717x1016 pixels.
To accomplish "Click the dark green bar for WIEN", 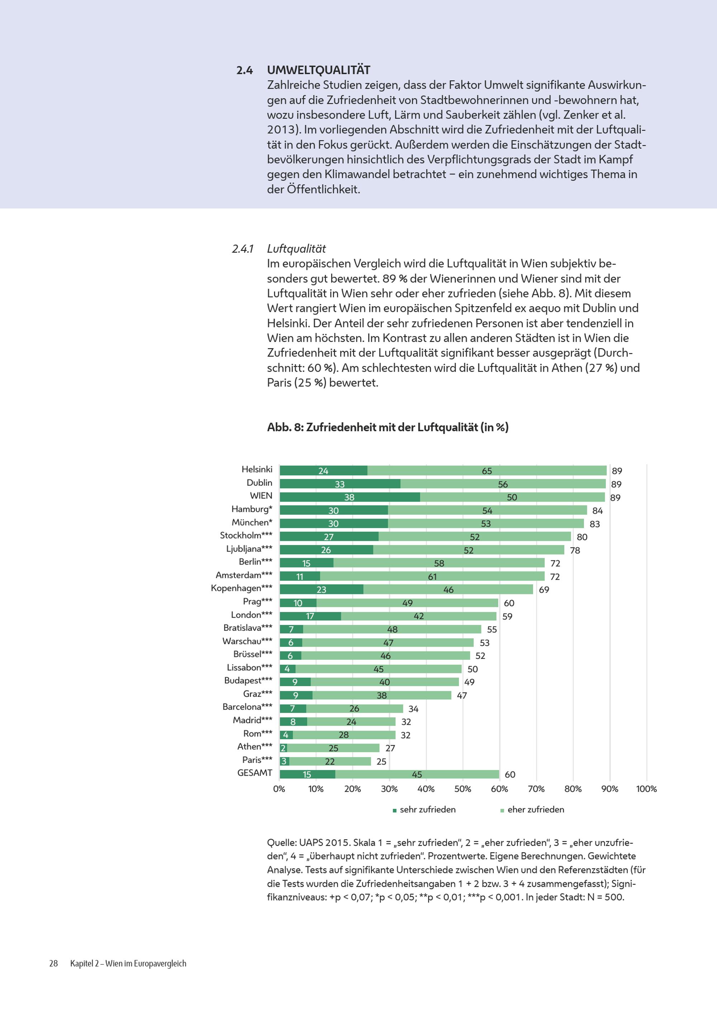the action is [x=350, y=497].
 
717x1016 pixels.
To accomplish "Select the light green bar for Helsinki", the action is [x=487, y=471].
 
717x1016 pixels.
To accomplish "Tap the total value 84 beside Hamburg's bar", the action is [x=598, y=511].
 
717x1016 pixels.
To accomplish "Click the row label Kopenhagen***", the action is [x=242, y=588].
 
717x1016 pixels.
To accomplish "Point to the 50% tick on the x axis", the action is [x=462, y=789].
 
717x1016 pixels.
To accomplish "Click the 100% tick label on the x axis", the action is [x=646, y=789].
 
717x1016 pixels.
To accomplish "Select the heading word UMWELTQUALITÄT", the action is [x=319, y=70].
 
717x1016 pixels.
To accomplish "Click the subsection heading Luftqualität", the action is [x=296, y=249].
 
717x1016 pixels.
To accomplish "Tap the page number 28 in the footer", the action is [x=53, y=963].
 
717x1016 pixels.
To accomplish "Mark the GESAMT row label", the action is [x=255, y=773].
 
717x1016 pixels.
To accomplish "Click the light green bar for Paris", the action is [x=330, y=761].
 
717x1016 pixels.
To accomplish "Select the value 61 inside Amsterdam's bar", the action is [x=432, y=576].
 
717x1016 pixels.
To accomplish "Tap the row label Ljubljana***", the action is [x=249, y=549].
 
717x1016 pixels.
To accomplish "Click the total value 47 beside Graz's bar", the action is [x=462, y=695].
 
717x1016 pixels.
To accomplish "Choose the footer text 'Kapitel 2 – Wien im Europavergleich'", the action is [x=128, y=963].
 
